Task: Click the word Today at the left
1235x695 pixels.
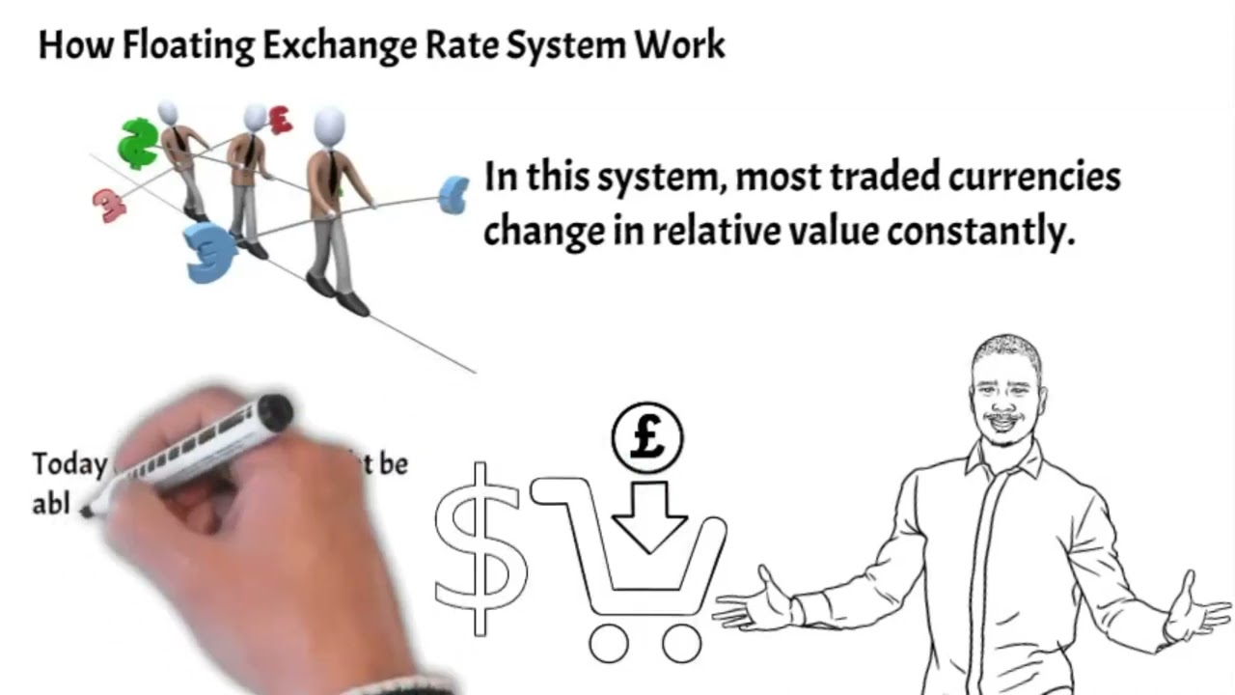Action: tap(68, 464)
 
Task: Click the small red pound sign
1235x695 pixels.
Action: tap(280, 120)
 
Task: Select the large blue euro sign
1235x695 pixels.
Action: tap(210, 252)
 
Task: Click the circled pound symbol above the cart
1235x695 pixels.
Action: tap(647, 438)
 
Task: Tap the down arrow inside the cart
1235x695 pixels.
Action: tap(648, 517)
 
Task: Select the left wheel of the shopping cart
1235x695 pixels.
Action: tap(608, 643)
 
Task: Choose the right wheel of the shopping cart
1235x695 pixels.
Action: tap(681, 643)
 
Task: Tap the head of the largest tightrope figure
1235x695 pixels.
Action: tap(329, 126)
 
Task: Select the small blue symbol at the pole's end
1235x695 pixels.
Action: tap(453, 194)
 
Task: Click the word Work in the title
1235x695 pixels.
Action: tap(687, 45)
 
